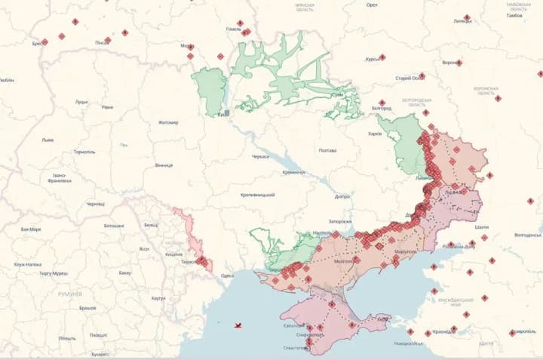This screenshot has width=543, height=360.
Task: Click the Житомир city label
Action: pos(168,122)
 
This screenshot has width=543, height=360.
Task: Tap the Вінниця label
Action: pos(164,165)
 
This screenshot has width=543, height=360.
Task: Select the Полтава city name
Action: pos(327,150)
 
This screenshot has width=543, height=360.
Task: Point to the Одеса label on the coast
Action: pos(227,276)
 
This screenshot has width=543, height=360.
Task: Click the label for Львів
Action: pos(48,140)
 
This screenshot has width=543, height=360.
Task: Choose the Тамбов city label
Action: pos(514,15)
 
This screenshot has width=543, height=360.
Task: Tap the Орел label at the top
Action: pos(372,5)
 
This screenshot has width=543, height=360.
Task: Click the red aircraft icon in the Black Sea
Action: pos(238,325)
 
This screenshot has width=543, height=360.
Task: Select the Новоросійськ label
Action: pos(408,343)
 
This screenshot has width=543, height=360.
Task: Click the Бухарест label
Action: pos(100,354)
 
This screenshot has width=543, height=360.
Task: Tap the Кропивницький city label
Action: pos(258,195)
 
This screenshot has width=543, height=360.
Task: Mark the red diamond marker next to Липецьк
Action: pos(467,17)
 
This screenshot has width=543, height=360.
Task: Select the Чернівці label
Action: pos(96,204)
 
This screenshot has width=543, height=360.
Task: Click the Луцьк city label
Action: pos(81,102)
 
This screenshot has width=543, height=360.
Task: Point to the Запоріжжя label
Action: pos(340,221)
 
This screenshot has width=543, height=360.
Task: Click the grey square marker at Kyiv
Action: pos(226,113)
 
